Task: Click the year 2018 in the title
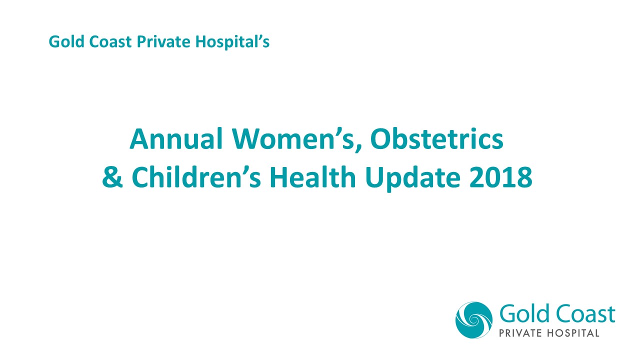[500, 177]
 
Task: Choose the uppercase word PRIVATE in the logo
[521, 333]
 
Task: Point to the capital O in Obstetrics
[382, 140]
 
